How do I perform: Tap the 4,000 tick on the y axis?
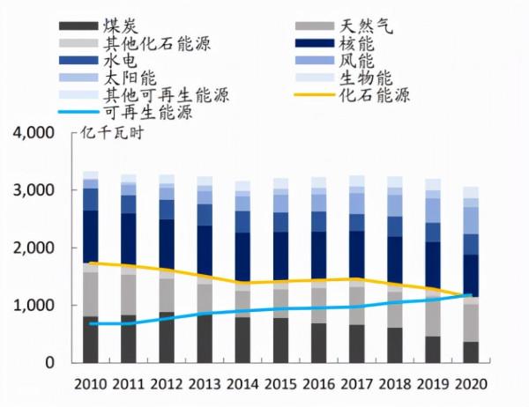click(34, 133)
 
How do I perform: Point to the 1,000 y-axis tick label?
click(34, 306)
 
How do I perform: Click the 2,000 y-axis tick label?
click(34, 248)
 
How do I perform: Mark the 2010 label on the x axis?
click(91, 385)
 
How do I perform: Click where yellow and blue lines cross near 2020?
click(466, 297)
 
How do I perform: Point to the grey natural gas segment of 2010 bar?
click(91, 294)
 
